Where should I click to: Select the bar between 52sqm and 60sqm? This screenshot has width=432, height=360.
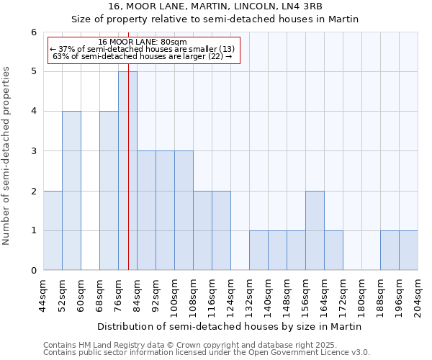pos(71,191)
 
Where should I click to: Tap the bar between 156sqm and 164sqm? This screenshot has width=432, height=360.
pos(315,230)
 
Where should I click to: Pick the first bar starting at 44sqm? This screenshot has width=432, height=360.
pos(53,230)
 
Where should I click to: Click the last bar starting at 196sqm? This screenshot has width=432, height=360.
pos(408,251)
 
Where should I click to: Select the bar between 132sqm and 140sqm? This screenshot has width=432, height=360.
pos(258,251)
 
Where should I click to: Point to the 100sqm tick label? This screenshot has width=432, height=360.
pos(174,295)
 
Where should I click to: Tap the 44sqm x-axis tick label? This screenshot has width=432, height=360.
pos(43,295)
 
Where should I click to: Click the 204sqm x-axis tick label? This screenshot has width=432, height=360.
pos(418,295)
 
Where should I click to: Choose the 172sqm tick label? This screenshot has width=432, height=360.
pos(343,295)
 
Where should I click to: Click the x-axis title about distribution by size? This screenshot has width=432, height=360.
pos(230,326)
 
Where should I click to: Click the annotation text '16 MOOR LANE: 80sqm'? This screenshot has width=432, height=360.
pos(143,42)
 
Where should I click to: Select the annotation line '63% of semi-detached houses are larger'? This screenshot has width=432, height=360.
pos(143,56)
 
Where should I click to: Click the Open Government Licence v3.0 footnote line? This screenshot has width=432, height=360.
pos(206,353)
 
